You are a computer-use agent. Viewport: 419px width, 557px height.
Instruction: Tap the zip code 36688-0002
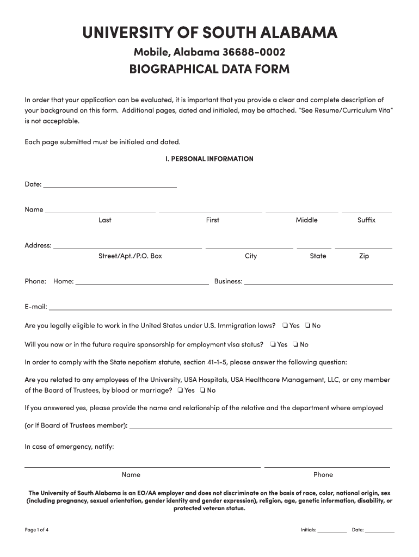(253, 53)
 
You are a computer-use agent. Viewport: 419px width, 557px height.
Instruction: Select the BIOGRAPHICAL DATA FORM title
(209, 70)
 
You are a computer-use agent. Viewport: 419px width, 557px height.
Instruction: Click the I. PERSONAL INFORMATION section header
(209, 159)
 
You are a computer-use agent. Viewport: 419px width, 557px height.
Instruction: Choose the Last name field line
(101, 210)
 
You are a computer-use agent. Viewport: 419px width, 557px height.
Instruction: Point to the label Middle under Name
(306, 220)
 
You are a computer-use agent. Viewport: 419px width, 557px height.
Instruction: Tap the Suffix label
(366, 220)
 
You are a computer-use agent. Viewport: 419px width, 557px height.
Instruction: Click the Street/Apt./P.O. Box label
(130, 256)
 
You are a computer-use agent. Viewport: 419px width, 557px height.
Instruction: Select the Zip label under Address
(364, 256)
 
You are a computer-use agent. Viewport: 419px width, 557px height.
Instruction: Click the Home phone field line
(142, 282)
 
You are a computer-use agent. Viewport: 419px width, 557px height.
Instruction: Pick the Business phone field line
(318, 282)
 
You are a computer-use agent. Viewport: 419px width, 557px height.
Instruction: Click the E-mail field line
(220, 308)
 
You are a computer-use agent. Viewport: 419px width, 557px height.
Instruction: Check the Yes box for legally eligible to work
(285, 326)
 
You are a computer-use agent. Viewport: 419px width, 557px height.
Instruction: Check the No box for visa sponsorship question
(295, 344)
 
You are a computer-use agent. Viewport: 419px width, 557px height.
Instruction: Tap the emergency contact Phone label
(323, 474)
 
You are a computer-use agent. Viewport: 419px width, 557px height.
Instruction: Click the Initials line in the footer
(332, 530)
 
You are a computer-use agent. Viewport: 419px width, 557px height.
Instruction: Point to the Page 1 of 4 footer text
(37, 529)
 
